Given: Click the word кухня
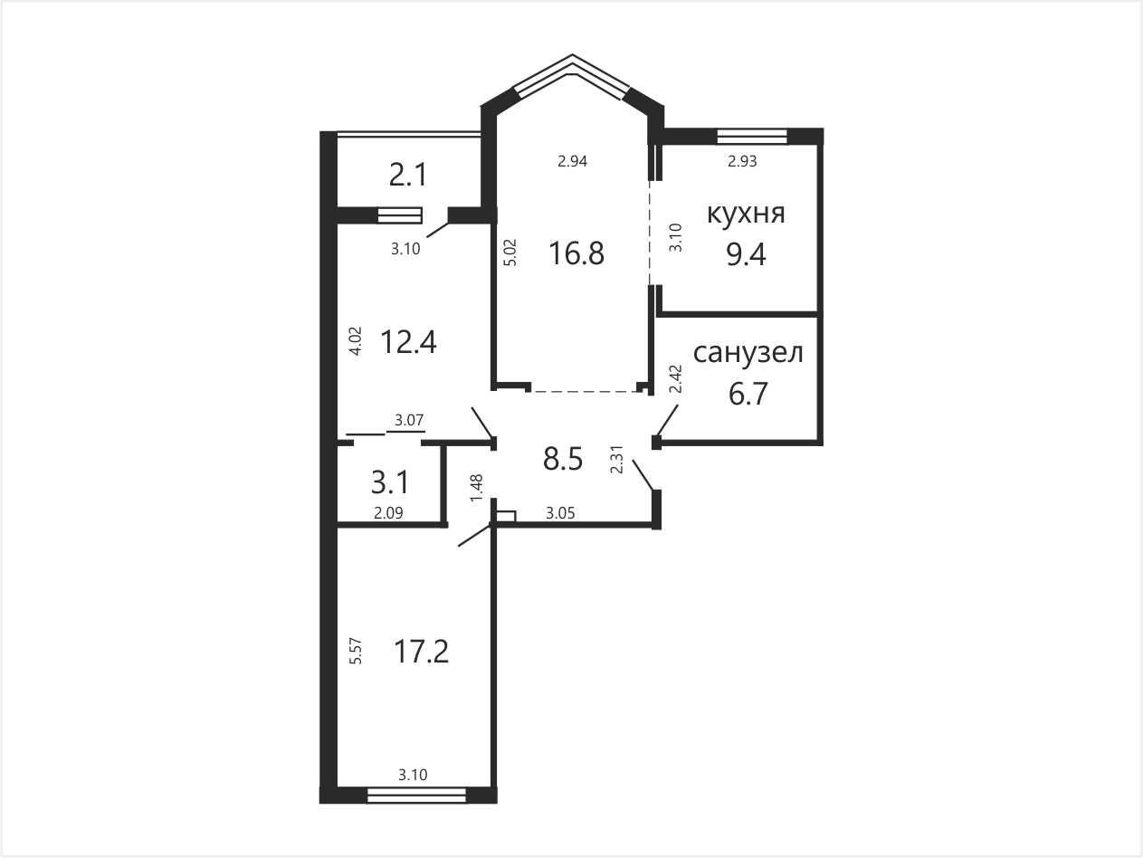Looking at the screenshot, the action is click(746, 214).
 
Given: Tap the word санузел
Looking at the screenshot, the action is click(748, 353).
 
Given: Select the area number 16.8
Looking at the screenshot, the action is click(576, 254).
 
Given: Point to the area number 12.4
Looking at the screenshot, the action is click(409, 342).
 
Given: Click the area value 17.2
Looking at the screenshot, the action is click(421, 652).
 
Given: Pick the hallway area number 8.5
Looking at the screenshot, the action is click(562, 459).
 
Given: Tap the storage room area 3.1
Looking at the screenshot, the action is click(390, 482).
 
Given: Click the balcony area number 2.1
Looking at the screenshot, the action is click(408, 175).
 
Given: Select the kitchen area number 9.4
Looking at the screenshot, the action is click(747, 255).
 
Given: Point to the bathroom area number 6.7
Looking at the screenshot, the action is click(748, 394).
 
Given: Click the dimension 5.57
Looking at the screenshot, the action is click(357, 652).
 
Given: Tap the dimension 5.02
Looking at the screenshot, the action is click(510, 253).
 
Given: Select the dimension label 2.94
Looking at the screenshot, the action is click(572, 161).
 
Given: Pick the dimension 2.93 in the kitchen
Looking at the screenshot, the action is click(742, 161).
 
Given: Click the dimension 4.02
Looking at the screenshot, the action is click(356, 341).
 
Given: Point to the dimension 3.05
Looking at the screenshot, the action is click(560, 514).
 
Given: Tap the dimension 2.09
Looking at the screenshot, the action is click(388, 514).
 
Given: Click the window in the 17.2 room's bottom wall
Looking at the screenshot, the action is click(416, 795).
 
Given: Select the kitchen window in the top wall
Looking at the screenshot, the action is click(752, 136).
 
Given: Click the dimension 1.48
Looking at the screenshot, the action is click(476, 488).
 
